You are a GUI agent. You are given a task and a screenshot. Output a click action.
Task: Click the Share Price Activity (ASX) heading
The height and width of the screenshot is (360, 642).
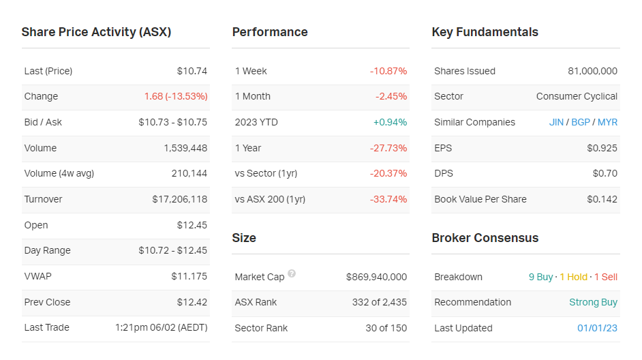click(x=96, y=32)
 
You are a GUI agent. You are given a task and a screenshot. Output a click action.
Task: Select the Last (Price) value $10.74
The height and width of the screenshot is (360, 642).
click(x=192, y=71)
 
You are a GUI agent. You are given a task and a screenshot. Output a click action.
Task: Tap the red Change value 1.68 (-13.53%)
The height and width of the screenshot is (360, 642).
click(x=175, y=96)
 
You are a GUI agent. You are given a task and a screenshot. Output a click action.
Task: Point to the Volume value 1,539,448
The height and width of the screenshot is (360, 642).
click(x=185, y=148)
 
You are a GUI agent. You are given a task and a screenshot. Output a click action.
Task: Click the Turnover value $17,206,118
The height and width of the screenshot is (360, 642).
click(x=179, y=199)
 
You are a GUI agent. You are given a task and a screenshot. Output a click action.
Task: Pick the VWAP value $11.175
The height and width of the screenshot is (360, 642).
click(x=189, y=276)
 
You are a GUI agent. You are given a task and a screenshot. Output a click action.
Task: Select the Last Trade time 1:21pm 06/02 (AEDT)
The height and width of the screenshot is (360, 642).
click(x=161, y=327)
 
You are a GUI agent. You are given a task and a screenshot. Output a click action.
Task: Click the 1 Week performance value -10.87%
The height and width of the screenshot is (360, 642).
click(x=388, y=71)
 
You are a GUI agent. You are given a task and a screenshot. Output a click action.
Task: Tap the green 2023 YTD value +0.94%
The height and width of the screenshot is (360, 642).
click(x=390, y=122)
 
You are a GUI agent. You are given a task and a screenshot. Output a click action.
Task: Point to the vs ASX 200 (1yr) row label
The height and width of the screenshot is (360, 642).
click(x=270, y=199)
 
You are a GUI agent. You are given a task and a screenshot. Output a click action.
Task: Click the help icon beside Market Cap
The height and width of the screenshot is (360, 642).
click(x=292, y=274)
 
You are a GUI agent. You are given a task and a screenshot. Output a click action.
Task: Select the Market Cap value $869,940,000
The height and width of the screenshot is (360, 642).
click(x=376, y=277)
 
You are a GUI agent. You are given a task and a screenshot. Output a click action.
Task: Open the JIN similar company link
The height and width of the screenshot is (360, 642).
click(x=556, y=122)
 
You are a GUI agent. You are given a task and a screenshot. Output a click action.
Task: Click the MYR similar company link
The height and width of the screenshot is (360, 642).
click(x=607, y=122)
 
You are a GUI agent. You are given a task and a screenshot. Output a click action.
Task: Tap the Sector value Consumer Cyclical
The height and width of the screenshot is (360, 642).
click(x=577, y=96)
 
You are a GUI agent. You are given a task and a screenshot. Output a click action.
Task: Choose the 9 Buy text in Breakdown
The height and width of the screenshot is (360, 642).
click(x=541, y=277)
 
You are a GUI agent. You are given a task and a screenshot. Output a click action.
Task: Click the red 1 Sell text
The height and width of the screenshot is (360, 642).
click(x=605, y=277)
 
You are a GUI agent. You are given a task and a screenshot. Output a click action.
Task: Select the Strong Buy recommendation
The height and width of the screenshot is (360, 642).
click(x=593, y=302)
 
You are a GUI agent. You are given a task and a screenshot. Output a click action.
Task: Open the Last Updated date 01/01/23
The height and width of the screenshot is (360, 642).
click(x=597, y=328)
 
